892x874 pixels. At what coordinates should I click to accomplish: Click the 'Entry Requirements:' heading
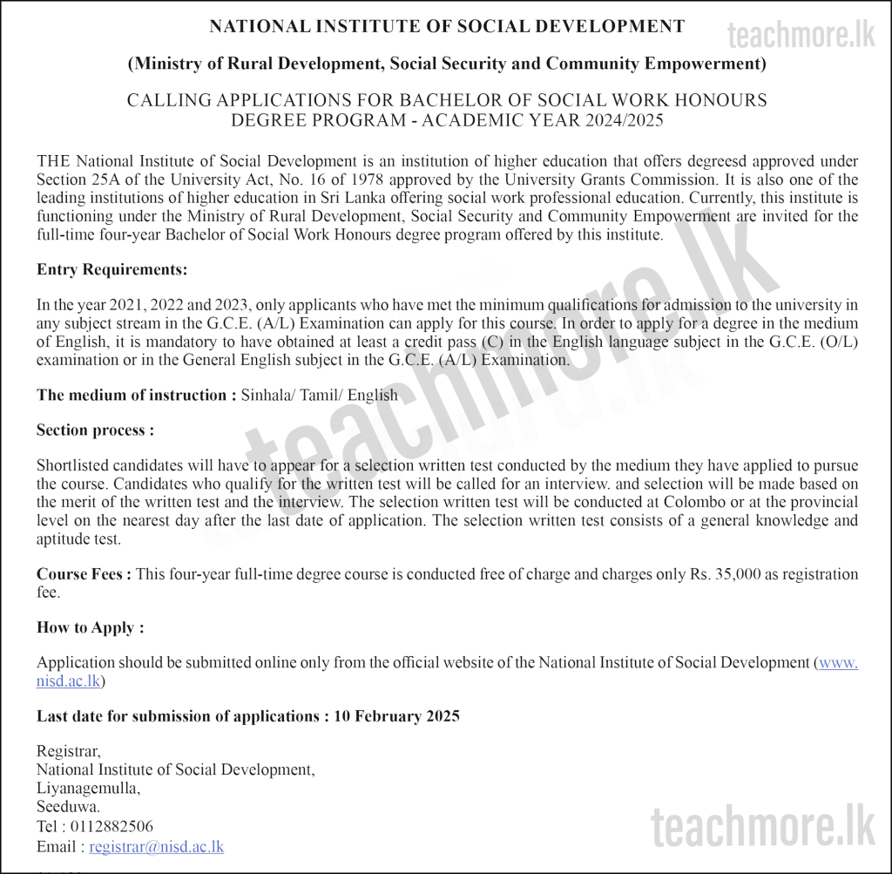point(111,270)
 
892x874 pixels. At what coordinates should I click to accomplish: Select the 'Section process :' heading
point(95,430)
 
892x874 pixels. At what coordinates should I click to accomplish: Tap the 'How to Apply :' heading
point(90,628)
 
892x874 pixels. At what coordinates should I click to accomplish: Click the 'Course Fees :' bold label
point(84,574)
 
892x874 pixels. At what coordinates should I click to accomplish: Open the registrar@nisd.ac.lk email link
point(156,847)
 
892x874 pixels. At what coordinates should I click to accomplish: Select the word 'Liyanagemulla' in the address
point(87,789)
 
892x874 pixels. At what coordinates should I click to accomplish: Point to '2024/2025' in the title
point(619,120)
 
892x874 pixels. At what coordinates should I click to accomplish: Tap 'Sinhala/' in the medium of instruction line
point(268,396)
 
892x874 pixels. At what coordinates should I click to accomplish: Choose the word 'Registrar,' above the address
point(68,751)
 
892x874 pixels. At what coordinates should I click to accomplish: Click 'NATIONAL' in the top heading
point(253,27)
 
